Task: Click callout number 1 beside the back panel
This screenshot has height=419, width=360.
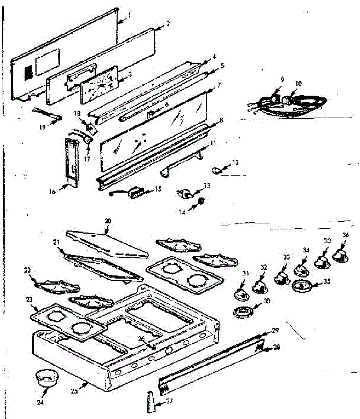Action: click(x=129, y=15)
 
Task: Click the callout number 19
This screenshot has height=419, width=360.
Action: click(x=43, y=127)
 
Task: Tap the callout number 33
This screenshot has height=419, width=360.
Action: click(x=286, y=257)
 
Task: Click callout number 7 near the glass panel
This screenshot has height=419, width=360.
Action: click(x=219, y=85)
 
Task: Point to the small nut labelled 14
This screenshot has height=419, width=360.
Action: click(x=201, y=202)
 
